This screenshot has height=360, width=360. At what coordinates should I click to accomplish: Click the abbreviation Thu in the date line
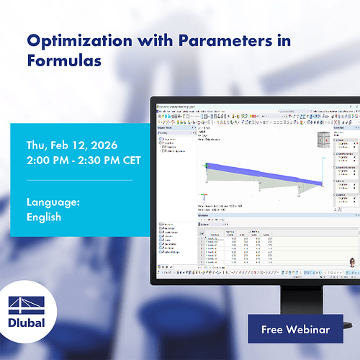pyautogui.click(x=36, y=143)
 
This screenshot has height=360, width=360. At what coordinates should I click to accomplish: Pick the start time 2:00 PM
pyautogui.click(x=50, y=159)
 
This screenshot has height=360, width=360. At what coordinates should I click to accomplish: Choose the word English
pyautogui.click(x=43, y=216)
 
